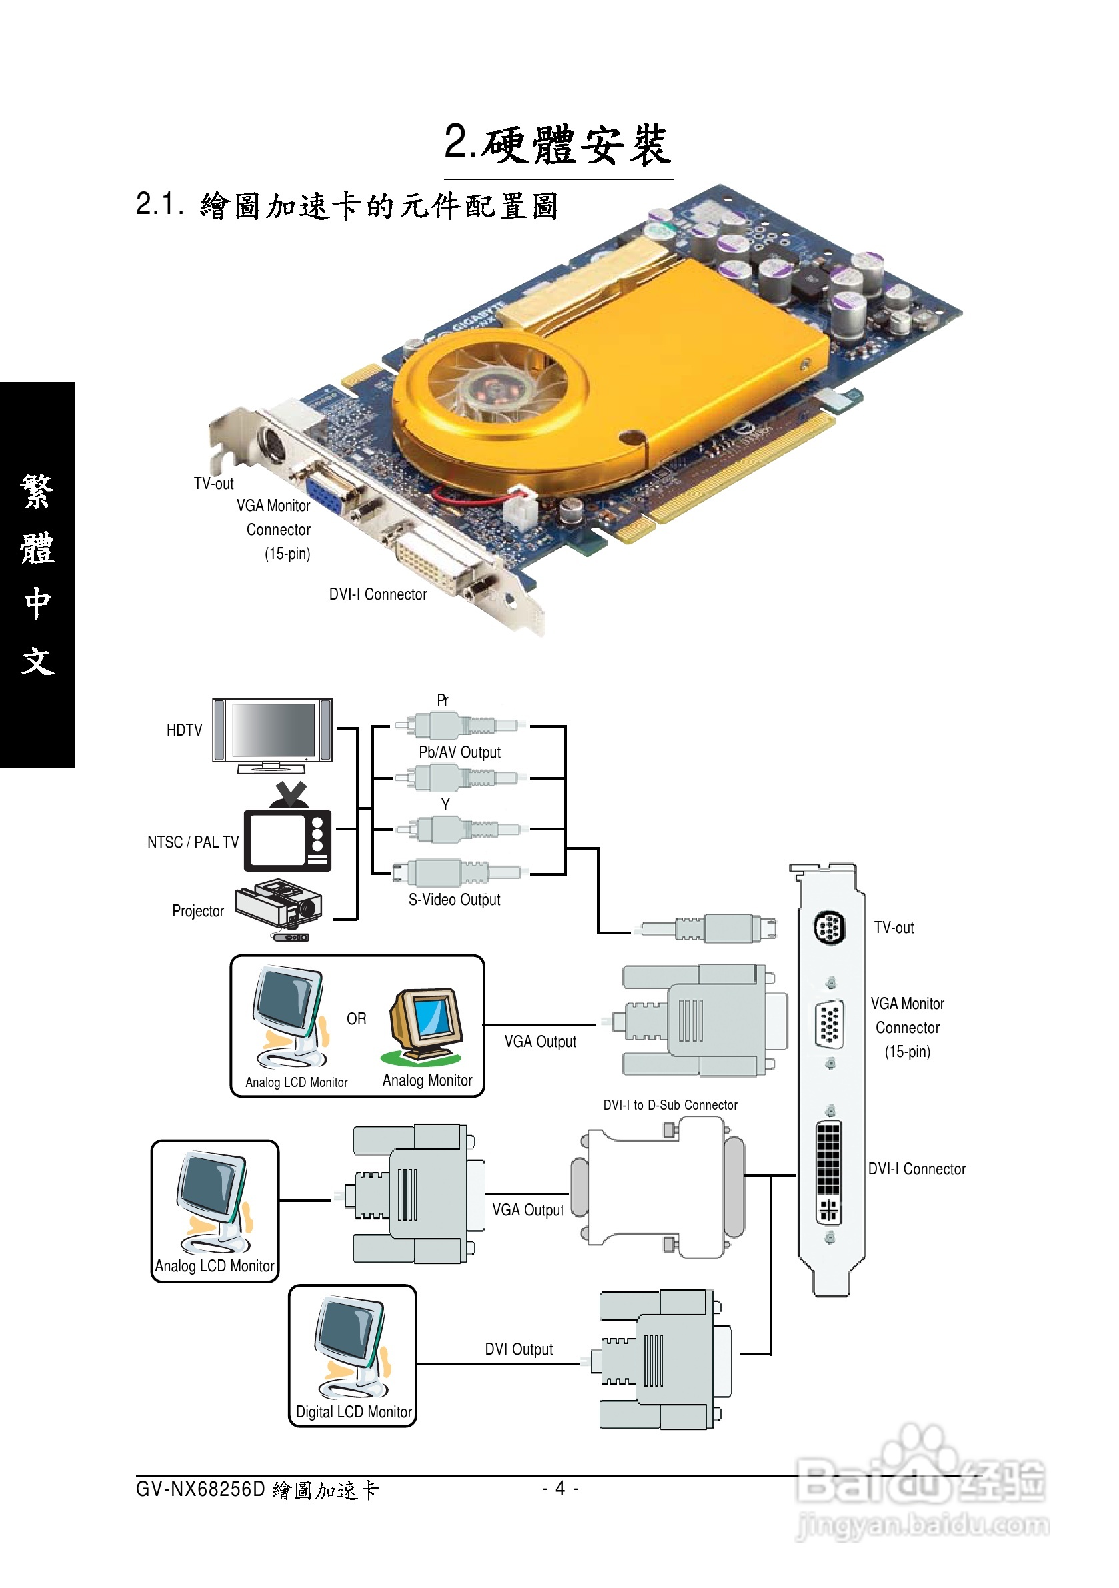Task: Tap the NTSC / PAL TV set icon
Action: click(288, 838)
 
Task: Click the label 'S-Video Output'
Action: click(454, 900)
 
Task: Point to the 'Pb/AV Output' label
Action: click(459, 752)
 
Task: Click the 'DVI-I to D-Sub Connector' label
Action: click(670, 1105)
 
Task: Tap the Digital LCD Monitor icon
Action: click(352, 1348)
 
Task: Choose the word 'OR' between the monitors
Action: click(356, 1019)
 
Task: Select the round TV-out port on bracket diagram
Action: click(828, 928)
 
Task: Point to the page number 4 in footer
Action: click(560, 1488)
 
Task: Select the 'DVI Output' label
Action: click(519, 1349)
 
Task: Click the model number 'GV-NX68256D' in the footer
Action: click(201, 1489)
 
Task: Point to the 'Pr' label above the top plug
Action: click(443, 700)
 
